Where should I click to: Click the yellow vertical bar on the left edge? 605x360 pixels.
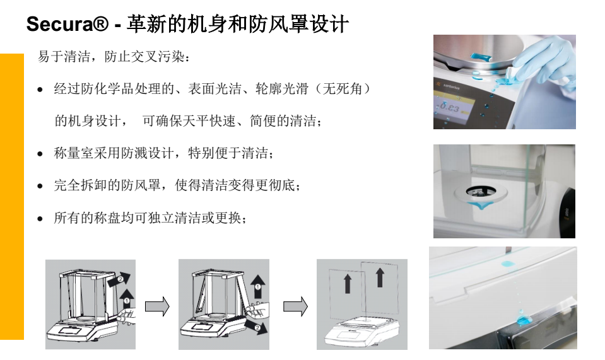coord(11,195)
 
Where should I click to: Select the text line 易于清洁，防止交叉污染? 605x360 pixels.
coord(113,57)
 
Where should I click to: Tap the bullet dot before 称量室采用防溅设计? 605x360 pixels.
coord(40,154)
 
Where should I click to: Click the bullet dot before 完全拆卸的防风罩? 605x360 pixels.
coord(40,187)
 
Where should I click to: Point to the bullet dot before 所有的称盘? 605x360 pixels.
coord(40,219)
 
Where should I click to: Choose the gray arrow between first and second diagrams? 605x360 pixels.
coord(157,306)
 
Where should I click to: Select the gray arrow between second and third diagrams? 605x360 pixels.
coord(295,306)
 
